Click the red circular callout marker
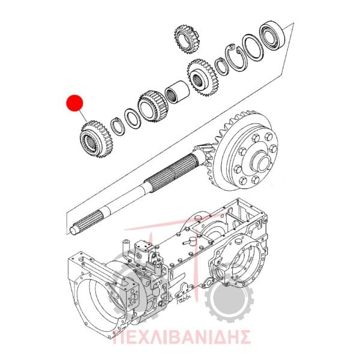(74, 103)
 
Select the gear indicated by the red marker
(94, 139)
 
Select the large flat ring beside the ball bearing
(253, 47)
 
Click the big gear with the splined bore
(203, 78)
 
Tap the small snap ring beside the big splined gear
(222, 67)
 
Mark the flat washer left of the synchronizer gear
(133, 118)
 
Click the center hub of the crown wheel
(260, 161)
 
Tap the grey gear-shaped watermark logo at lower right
(227, 299)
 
